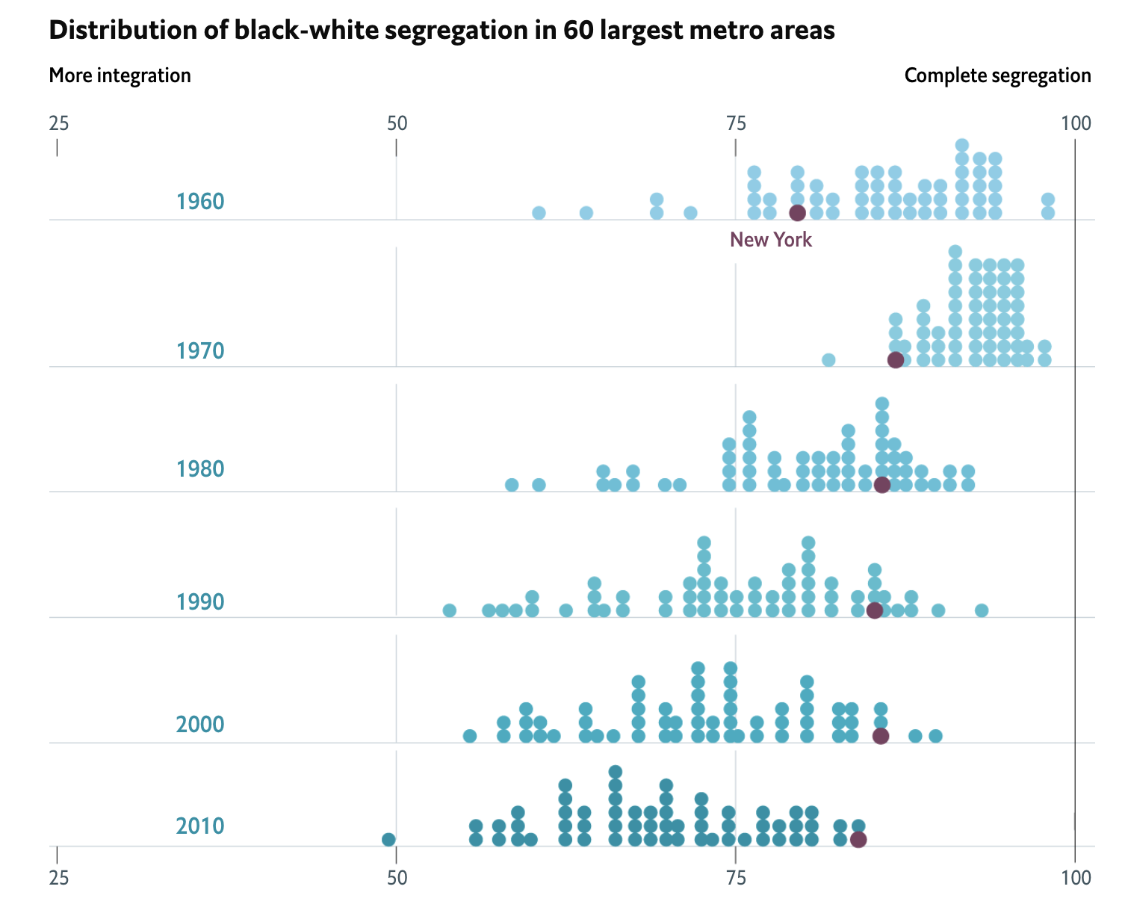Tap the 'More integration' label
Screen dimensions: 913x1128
(120, 75)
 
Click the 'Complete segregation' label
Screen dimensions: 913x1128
(997, 75)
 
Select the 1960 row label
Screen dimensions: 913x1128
(200, 202)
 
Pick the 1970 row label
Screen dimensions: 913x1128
(200, 350)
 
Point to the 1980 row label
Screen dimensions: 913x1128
(200, 469)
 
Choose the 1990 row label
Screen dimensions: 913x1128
(200, 601)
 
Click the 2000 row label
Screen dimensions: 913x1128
(200, 725)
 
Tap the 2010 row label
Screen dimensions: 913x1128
(200, 826)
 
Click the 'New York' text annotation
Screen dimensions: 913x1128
(770, 240)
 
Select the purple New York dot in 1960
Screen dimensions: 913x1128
(797, 213)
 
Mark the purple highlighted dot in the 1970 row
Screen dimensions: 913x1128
(895, 360)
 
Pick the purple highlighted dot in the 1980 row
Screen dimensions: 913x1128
(881, 485)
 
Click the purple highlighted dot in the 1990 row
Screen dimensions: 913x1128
(874, 610)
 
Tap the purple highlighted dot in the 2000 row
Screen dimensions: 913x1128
(881, 736)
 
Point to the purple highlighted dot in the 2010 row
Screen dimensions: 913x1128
(858, 839)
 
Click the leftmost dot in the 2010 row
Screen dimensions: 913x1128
(388, 839)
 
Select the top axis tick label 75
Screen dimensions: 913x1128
(736, 123)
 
